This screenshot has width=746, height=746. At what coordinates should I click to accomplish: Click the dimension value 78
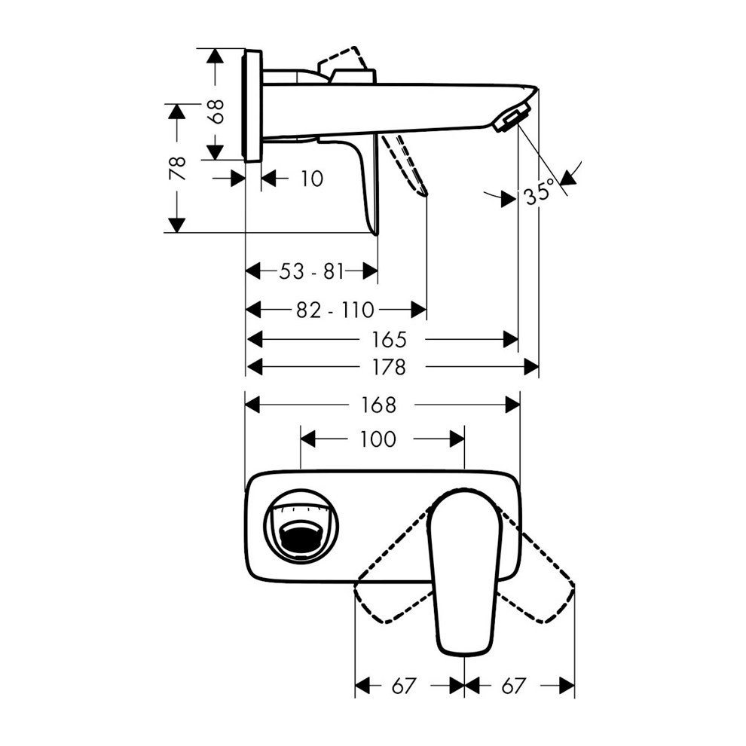177,167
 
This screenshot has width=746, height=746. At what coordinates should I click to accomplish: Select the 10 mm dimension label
310,179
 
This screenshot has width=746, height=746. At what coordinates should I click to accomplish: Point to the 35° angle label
540,194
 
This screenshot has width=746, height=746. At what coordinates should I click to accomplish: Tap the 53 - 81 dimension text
311,271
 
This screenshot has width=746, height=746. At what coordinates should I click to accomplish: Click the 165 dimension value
388,339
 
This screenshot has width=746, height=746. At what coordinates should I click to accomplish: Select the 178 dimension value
388,367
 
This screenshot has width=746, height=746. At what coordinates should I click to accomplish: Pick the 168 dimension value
378,405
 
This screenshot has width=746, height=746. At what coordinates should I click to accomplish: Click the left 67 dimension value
403,686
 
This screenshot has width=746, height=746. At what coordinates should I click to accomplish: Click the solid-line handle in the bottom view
461,573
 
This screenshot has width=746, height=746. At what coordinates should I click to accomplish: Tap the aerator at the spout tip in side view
511,119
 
